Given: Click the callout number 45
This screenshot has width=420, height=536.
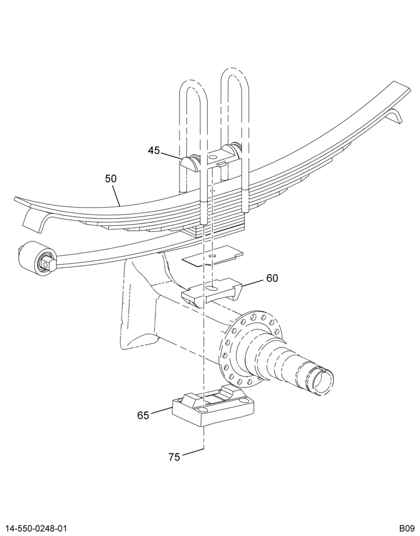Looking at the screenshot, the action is (154, 150).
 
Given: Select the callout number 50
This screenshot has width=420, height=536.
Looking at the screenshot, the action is (111, 178).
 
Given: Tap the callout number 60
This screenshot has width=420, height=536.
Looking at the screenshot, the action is (272, 278).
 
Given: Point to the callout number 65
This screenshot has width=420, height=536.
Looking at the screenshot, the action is (143, 415).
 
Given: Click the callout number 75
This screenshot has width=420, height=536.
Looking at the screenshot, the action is (174, 457).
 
